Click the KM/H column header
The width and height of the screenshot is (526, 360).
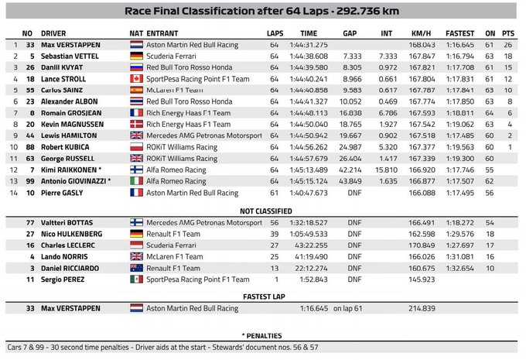point(420,33)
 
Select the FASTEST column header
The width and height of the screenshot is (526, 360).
point(459,33)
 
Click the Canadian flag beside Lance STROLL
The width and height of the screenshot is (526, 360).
point(135,78)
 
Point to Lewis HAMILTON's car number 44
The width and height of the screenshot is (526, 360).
point(29,135)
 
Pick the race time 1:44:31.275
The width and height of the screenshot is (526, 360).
point(309,45)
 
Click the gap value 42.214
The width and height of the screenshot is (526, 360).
point(350,168)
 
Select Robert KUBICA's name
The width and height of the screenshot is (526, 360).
point(66,146)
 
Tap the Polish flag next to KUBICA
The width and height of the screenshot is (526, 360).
point(135,146)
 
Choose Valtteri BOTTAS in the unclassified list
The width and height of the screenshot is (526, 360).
point(68,221)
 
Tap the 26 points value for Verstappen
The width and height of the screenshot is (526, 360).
point(507,45)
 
